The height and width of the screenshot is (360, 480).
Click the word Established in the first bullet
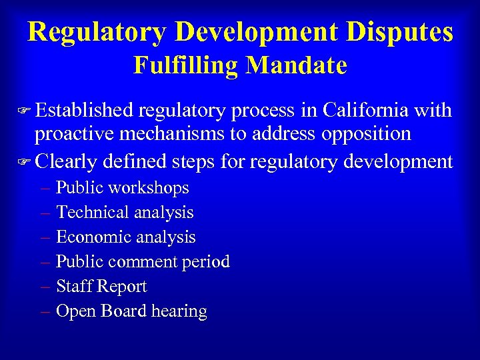[x=84, y=110]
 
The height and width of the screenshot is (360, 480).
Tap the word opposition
[x=365, y=134]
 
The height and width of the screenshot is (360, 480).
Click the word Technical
[x=93, y=213]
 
